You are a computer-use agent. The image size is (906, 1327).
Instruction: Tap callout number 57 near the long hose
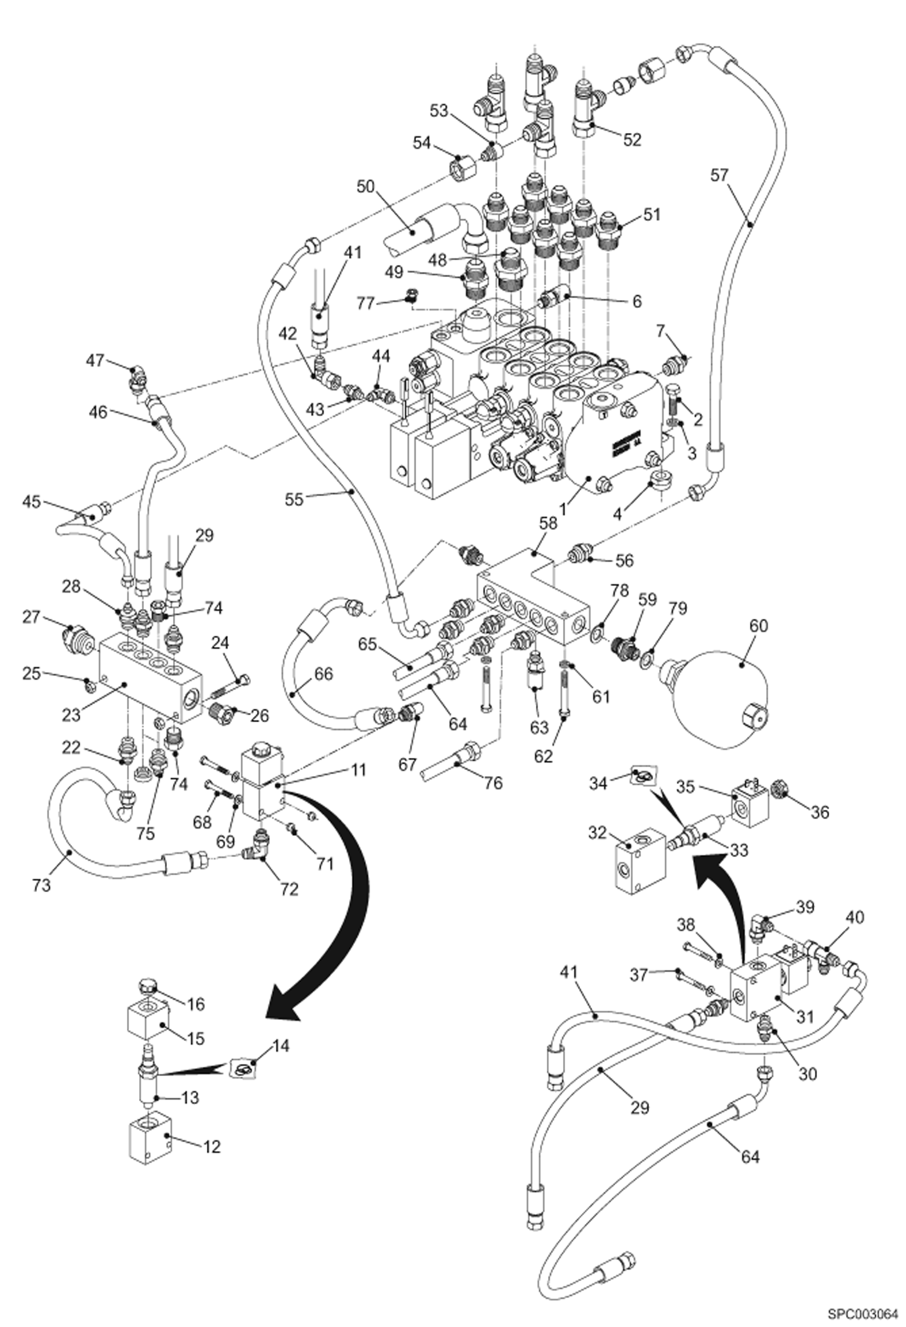(720, 175)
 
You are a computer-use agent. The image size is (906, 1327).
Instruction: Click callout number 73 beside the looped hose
(41, 885)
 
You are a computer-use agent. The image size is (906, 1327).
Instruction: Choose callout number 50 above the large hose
(365, 187)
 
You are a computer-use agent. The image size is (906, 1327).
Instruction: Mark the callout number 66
(324, 673)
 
